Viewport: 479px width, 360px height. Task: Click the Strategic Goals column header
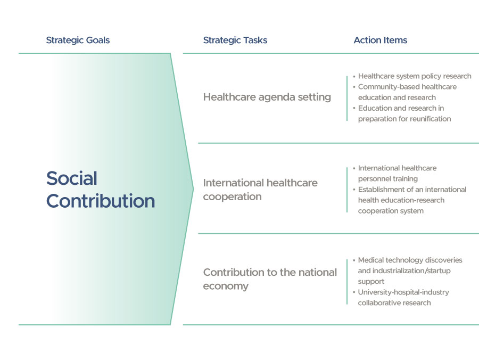(x=78, y=40)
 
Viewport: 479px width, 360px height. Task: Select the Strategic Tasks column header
(x=235, y=40)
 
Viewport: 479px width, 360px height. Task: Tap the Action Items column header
(x=381, y=40)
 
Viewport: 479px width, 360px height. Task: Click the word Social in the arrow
(x=72, y=178)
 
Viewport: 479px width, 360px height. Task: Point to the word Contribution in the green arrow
(x=101, y=201)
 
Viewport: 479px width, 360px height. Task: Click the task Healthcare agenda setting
(x=267, y=97)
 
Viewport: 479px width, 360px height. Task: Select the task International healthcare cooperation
(x=260, y=190)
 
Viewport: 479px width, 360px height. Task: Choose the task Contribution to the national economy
(x=270, y=279)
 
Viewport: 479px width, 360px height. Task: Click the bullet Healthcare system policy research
(x=415, y=76)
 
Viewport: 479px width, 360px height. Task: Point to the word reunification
(x=431, y=119)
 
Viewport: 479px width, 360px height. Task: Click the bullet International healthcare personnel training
(x=397, y=173)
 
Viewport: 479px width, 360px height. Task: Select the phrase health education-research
(x=401, y=200)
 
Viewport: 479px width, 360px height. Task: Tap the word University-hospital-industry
(x=403, y=292)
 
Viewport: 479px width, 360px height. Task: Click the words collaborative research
(x=394, y=303)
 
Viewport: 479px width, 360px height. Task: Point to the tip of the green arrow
(x=193, y=189)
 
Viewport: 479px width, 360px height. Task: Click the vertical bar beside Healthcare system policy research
(x=347, y=99)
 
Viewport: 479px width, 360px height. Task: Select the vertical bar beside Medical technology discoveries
(x=347, y=282)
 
